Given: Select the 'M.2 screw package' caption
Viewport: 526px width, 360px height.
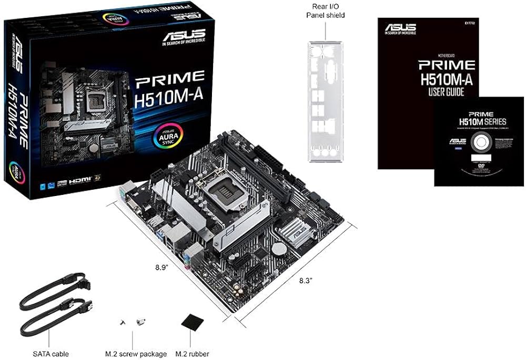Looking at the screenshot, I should click(136, 354).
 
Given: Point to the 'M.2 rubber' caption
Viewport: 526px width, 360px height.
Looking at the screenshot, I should click(193, 354).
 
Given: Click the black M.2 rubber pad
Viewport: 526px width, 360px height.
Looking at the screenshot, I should click(192, 323).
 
